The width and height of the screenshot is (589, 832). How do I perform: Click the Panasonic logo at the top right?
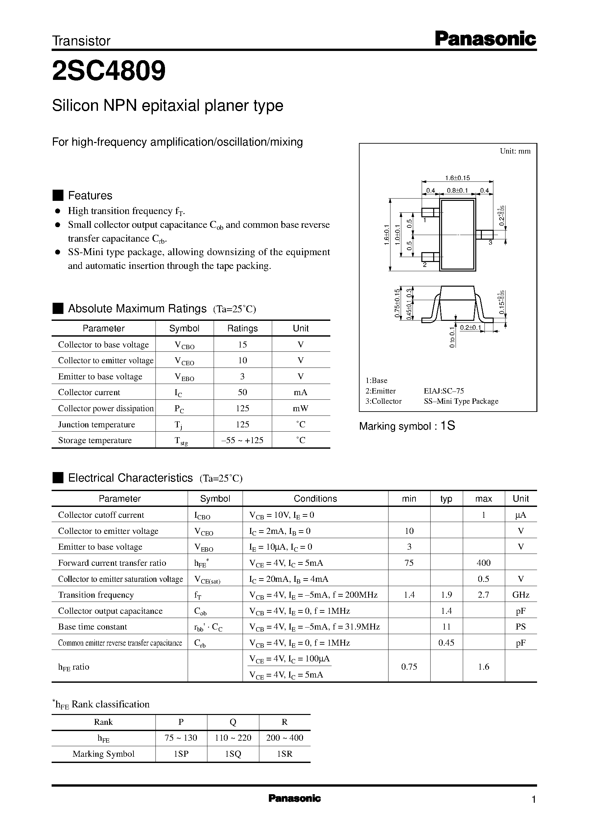[x=485, y=39]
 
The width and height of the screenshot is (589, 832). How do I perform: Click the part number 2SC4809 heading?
[x=109, y=71]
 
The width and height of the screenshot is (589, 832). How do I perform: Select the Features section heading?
[x=90, y=196]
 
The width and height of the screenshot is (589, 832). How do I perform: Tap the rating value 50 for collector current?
[x=242, y=392]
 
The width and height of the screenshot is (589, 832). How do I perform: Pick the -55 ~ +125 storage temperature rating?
[x=242, y=440]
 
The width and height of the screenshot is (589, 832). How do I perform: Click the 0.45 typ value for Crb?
[x=446, y=643]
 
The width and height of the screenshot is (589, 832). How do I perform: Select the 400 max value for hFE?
[x=483, y=563]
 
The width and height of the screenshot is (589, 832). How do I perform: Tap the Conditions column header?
[x=315, y=499]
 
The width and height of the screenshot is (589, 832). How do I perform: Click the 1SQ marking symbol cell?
[x=233, y=754]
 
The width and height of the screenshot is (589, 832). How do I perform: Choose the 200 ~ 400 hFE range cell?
[x=285, y=738]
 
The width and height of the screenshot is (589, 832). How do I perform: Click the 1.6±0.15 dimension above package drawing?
[x=457, y=178]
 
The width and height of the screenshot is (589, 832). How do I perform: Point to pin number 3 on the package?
[x=490, y=242]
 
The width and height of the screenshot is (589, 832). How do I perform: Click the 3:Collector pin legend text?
[x=383, y=401]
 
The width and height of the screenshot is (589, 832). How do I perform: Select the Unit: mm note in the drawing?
[x=515, y=151]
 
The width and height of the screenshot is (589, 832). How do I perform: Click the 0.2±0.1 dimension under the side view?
[x=470, y=328]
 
